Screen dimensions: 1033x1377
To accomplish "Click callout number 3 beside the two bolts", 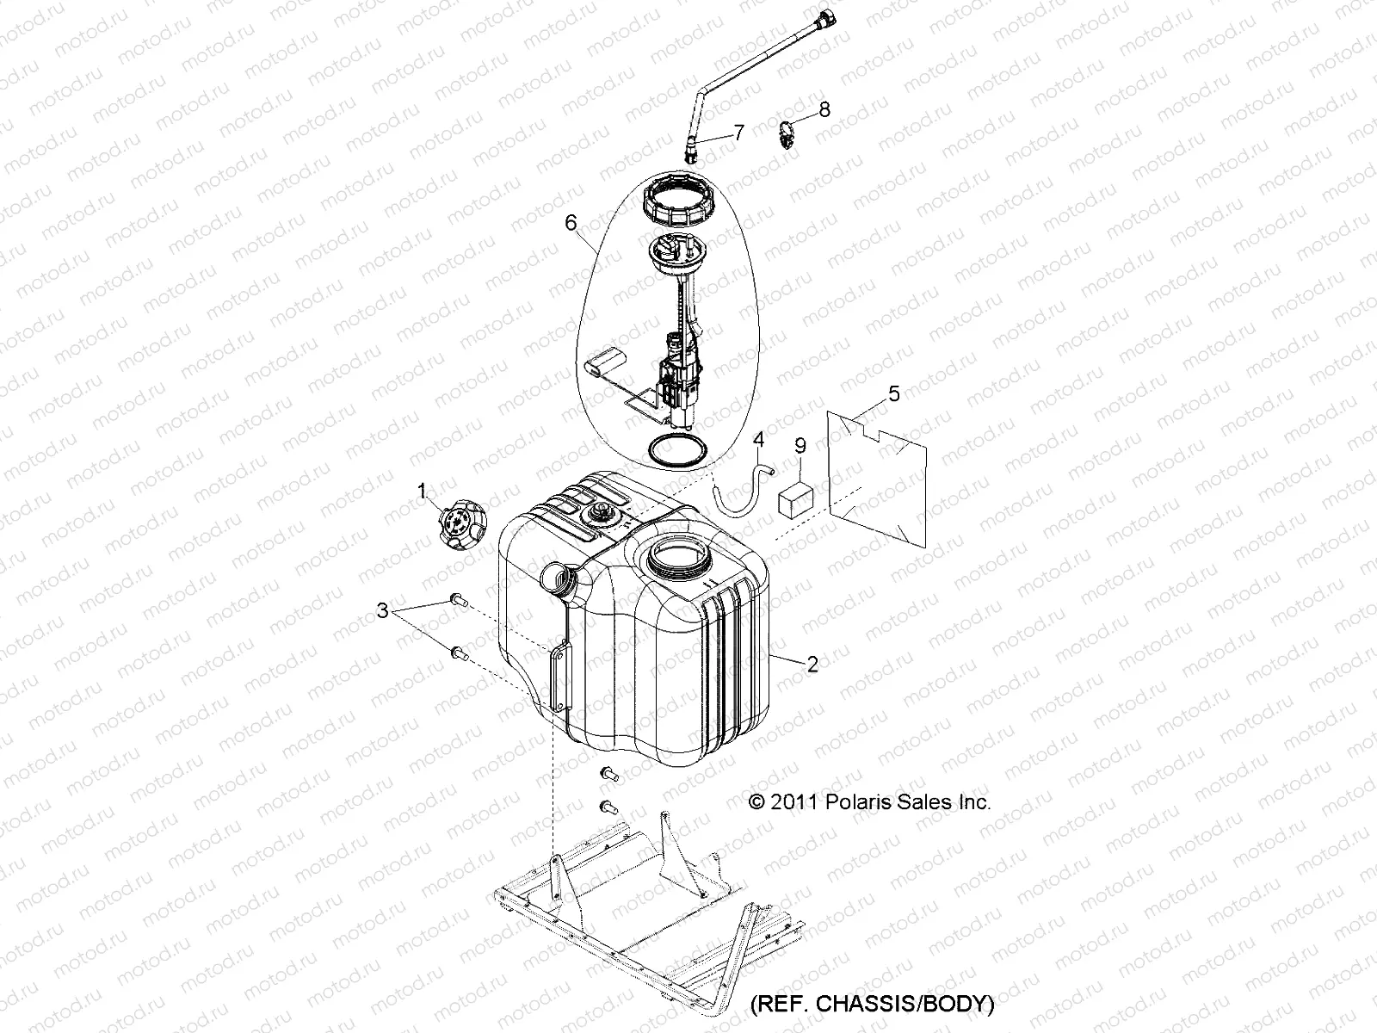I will point(382,611).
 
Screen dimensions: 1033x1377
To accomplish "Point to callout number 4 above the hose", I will point(758,440).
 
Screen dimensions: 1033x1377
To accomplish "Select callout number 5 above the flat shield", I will point(894,394).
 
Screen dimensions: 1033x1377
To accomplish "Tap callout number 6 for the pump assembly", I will point(571,222).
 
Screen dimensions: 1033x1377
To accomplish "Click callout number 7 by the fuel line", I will point(738,132).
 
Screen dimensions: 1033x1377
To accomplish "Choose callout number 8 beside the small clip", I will point(824,109).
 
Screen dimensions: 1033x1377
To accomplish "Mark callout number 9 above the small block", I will point(800,445).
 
